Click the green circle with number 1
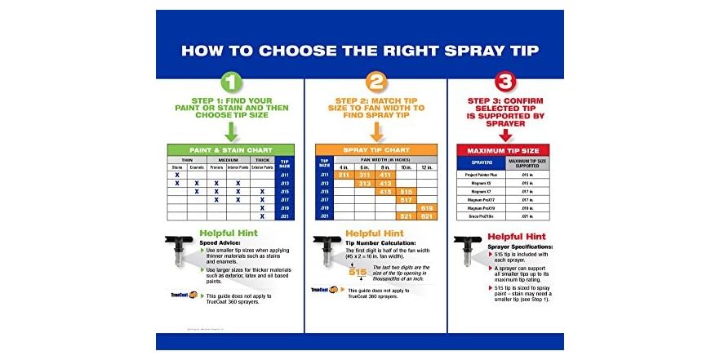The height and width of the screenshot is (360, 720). (x=230, y=82)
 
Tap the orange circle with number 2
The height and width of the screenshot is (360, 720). (x=376, y=82)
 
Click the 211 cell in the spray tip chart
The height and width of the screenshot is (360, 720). (x=344, y=175)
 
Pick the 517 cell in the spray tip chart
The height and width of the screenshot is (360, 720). (x=406, y=199)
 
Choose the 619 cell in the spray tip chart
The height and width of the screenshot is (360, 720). (x=426, y=208)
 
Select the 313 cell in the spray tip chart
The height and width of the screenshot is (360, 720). (x=364, y=184)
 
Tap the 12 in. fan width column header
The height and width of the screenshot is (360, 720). (x=426, y=167)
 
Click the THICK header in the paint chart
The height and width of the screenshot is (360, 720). (x=262, y=159)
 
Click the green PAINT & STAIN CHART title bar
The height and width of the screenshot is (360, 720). (x=230, y=149)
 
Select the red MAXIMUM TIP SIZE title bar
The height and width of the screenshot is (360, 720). (x=503, y=150)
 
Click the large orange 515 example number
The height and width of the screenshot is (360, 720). (x=358, y=272)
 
